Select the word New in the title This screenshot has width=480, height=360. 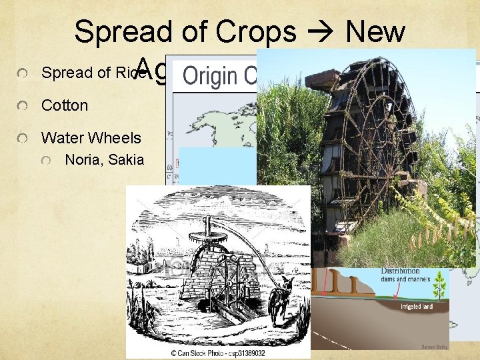pos(376,32)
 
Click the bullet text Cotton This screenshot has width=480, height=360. pos(65,106)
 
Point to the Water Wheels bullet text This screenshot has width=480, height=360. pos(91,138)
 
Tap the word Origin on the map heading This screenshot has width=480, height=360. pos(210,75)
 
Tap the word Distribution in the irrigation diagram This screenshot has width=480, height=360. pos(400,271)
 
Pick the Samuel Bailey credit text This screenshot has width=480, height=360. pos(434,346)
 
